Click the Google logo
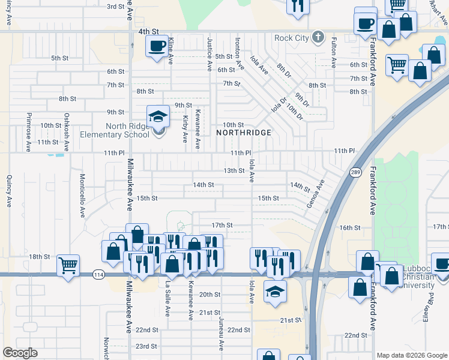coord(20,353)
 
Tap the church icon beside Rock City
coord(319,38)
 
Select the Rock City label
coord(291,38)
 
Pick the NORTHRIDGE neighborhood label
coord(244,132)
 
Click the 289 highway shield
coord(355,172)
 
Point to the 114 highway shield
coord(98,275)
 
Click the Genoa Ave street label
coord(316,193)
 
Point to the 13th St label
coord(234,170)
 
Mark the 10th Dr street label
coord(294,110)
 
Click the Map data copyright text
coord(411,355)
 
